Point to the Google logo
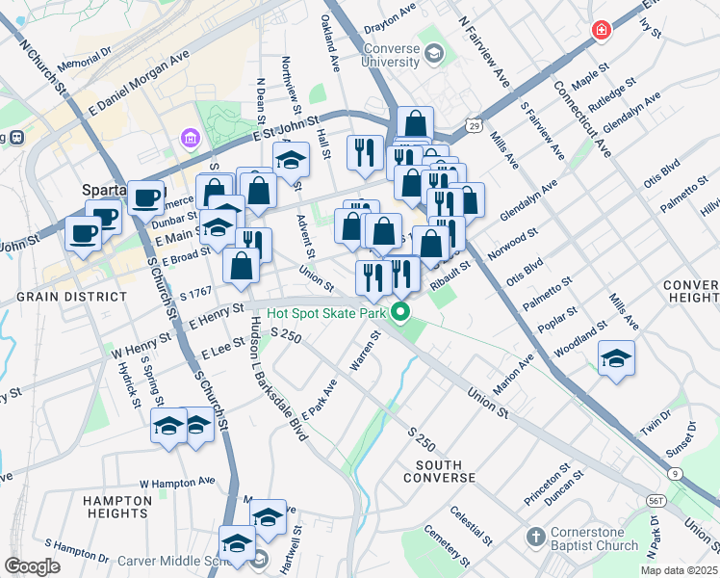[32, 565]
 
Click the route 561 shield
[656, 501]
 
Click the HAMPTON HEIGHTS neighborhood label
[117, 507]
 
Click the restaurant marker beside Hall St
[365, 152]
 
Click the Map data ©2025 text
[679, 570]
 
